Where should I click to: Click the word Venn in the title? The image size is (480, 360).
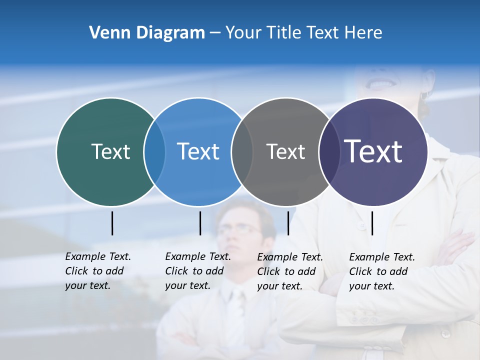105,33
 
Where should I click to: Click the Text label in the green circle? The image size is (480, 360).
110,151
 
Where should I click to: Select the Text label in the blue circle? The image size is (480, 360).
198,151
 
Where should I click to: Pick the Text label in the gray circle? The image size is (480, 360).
285,151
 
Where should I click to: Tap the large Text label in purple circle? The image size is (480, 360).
373,151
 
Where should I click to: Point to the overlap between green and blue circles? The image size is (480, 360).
154,152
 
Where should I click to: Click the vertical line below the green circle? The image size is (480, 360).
112,223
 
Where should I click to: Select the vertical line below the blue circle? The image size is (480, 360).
200,223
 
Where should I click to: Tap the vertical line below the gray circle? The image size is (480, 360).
288,223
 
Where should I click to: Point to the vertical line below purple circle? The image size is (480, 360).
372,223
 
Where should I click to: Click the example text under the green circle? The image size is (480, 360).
97,271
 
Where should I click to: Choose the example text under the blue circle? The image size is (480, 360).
197,271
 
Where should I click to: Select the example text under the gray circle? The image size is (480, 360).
289,271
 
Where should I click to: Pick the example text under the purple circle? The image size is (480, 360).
381,271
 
